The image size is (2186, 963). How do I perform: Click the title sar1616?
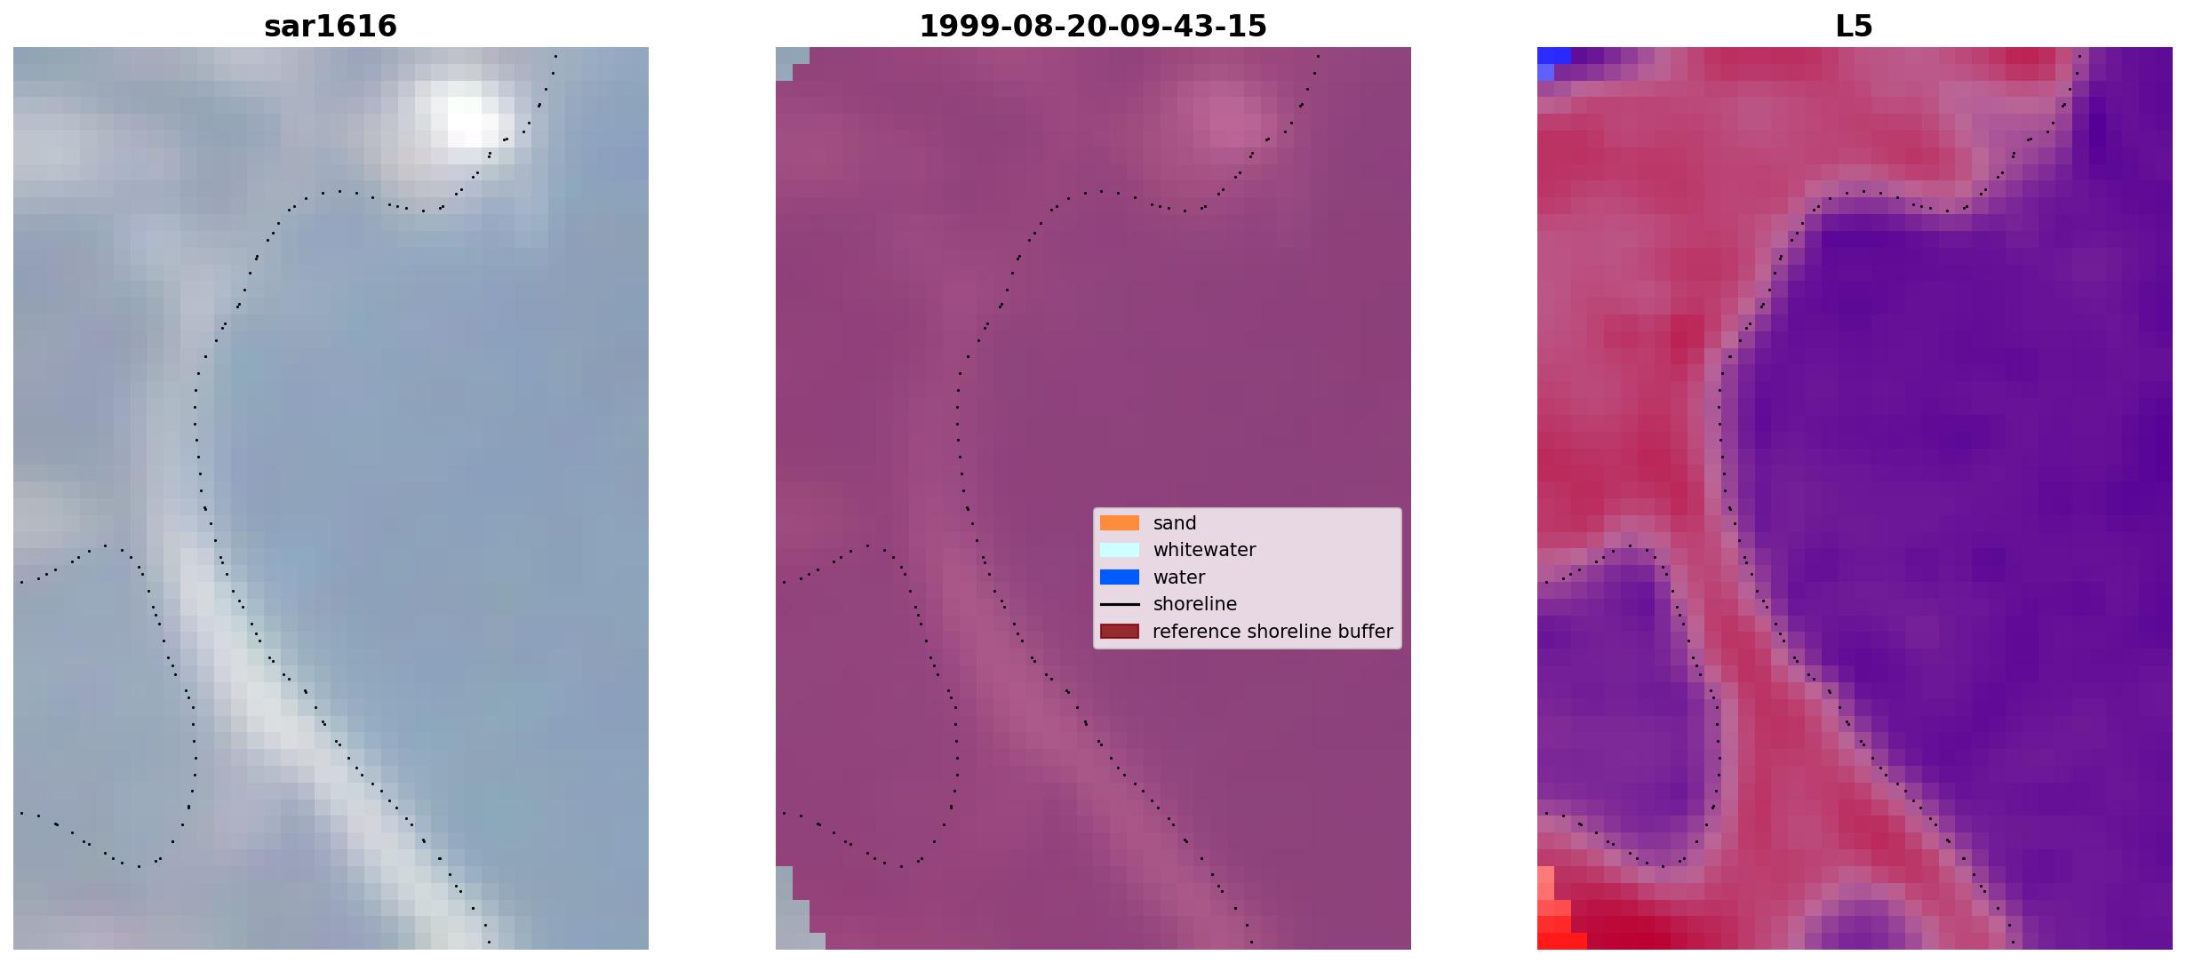[331, 26]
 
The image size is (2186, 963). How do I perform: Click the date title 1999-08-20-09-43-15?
[1093, 26]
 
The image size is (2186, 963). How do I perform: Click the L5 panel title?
[1855, 26]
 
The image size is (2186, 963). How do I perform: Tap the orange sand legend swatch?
[1120, 523]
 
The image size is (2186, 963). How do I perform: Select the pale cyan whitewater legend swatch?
[1120, 550]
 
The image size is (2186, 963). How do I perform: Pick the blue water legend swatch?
[1120, 577]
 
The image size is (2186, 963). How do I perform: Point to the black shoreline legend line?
[1120, 604]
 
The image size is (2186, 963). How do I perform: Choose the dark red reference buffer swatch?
[1120, 632]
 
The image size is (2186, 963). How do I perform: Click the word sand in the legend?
[1175, 523]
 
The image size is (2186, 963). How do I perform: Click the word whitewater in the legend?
[1204, 550]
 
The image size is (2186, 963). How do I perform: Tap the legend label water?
[1179, 577]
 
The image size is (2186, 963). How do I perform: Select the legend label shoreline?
[1195, 604]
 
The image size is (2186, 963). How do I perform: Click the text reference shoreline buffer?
[1273, 632]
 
